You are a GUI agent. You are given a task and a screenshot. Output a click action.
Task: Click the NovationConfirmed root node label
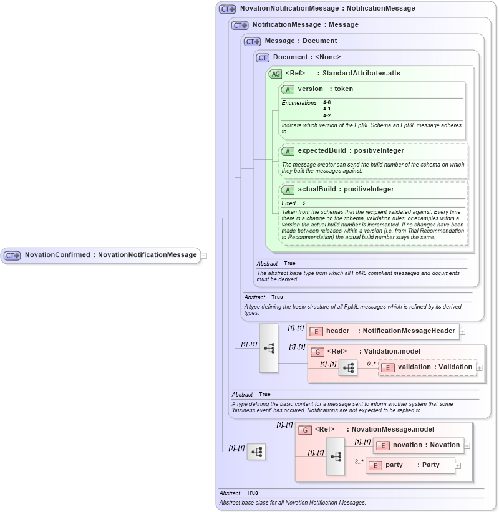(x=110, y=255)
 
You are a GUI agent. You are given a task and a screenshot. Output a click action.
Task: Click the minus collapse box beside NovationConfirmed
(x=204, y=255)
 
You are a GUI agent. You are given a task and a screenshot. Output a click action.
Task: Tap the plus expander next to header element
(x=462, y=331)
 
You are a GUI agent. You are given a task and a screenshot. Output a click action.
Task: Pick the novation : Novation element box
(x=419, y=445)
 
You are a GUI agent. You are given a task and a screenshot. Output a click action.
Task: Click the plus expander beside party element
(x=458, y=465)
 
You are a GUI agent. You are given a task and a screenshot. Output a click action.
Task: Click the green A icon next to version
(x=288, y=89)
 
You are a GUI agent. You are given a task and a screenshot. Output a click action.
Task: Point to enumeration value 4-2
(x=327, y=115)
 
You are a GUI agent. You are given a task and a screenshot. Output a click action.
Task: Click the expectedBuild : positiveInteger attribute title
(x=351, y=151)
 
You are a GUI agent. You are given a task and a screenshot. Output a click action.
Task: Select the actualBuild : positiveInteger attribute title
(x=346, y=190)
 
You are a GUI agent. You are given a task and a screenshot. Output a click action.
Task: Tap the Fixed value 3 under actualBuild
(x=304, y=203)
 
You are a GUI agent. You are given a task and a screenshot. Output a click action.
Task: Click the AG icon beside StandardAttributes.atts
(x=275, y=74)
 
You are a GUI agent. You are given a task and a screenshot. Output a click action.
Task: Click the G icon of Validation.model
(x=317, y=352)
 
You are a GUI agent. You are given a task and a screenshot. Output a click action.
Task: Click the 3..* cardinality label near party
(x=359, y=461)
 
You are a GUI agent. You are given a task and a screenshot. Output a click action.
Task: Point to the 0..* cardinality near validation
(x=371, y=364)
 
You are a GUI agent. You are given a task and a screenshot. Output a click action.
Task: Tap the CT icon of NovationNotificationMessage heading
(x=227, y=9)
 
